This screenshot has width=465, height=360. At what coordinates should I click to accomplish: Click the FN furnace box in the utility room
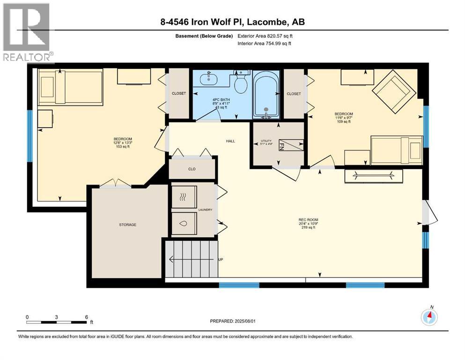pyautogui.click(x=291, y=145)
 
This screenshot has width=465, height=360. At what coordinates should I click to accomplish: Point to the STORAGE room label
pyautogui.click(x=128, y=225)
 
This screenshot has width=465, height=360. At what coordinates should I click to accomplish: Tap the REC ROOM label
pyautogui.click(x=309, y=220)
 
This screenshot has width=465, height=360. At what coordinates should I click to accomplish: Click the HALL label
pyautogui.click(x=230, y=141)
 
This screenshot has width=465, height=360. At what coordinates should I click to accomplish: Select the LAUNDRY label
pyautogui.click(x=205, y=210)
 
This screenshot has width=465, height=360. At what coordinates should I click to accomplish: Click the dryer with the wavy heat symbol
pyautogui.click(x=184, y=197)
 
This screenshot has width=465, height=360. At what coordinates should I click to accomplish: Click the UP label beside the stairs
pyautogui.click(x=221, y=259)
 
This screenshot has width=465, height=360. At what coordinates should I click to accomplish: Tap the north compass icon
pyautogui.click(x=429, y=316)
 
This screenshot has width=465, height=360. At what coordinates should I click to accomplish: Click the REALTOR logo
pyautogui.click(x=27, y=33)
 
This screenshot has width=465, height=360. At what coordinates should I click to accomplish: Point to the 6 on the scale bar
pyautogui.click(x=87, y=317)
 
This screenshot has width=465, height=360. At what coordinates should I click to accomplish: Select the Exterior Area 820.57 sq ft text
pyautogui.click(x=265, y=36)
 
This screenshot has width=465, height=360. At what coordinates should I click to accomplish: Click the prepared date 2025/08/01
pyautogui.click(x=245, y=321)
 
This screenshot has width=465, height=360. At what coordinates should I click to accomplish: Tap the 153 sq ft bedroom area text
pyautogui.click(x=123, y=146)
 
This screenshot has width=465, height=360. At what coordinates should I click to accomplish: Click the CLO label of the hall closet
pyautogui.click(x=192, y=169)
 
